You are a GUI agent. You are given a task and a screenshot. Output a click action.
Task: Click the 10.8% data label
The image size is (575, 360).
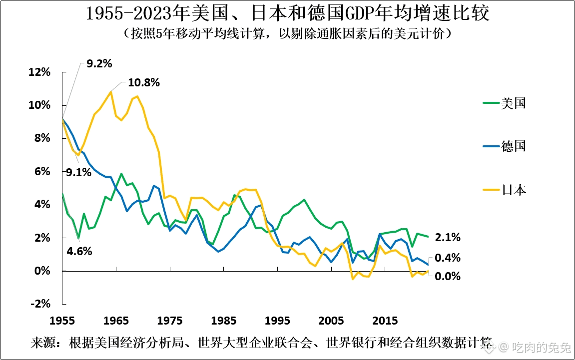(x=144, y=83)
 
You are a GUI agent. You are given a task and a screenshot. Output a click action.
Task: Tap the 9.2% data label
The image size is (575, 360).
(x=99, y=64)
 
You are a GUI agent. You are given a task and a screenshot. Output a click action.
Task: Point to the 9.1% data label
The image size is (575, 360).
(x=78, y=172)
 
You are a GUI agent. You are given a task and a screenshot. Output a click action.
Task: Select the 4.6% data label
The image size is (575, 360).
(x=79, y=252)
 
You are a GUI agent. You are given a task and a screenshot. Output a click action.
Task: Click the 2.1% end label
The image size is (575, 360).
(x=448, y=238)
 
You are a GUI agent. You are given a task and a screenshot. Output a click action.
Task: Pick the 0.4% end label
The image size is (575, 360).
(x=448, y=258)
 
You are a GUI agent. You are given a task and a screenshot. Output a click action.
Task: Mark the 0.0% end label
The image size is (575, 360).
(x=448, y=277)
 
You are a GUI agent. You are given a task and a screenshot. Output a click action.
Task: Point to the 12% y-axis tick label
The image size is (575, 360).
(x=39, y=72)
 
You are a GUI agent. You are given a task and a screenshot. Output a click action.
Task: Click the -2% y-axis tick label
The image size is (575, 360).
(x=40, y=304)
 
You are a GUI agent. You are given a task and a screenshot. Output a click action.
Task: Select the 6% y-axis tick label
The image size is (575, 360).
(x=42, y=172)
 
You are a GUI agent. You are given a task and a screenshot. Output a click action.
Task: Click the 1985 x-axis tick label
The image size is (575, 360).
(x=224, y=321)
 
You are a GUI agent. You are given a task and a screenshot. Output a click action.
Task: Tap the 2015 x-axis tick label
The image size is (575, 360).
(x=385, y=321)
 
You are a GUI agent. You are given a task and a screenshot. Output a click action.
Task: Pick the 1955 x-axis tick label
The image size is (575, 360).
(x=62, y=321)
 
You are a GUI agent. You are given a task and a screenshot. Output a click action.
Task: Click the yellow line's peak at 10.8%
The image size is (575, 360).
(x=111, y=92)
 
